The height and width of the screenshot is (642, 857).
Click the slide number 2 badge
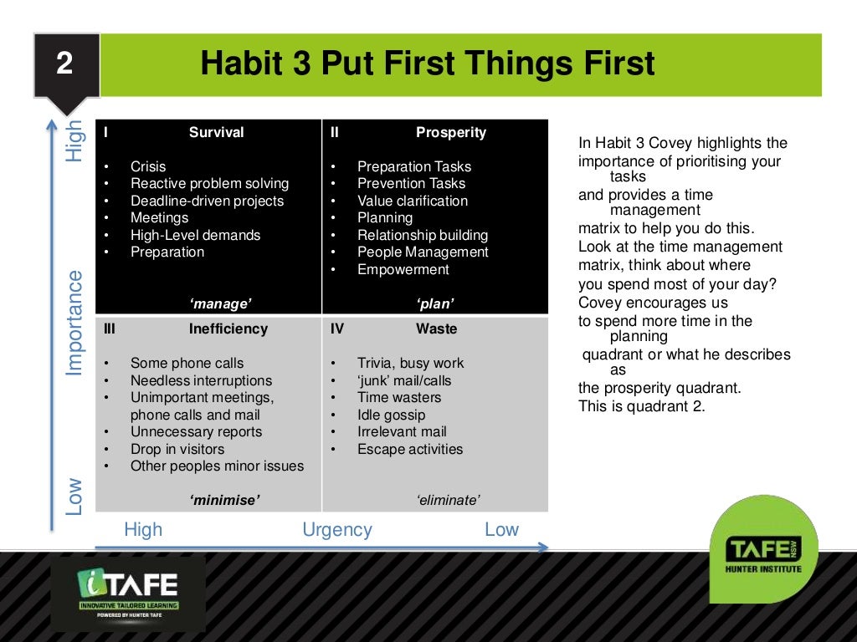[65, 65]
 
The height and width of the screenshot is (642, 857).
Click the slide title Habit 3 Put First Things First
[427, 64]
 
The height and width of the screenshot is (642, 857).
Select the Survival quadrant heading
[216, 132]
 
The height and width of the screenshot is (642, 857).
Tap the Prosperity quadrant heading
[450, 132]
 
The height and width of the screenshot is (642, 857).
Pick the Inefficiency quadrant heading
[228, 329]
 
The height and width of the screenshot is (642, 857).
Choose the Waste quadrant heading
[436, 329]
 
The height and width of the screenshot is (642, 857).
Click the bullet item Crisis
[148, 166]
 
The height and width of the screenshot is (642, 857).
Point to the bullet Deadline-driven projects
[207, 201]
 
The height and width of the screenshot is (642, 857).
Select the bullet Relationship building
[422, 235]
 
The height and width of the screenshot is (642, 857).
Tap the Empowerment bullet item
[403, 269]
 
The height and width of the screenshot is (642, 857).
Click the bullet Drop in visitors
[177, 449]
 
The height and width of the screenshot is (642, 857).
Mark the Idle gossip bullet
[391, 415]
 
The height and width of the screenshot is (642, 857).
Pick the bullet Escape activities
[409, 449]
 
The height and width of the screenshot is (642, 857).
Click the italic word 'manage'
[221, 303]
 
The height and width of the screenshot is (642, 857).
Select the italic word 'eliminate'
[448, 500]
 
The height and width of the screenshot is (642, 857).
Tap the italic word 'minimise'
[225, 500]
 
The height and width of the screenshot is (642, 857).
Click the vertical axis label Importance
[75, 322]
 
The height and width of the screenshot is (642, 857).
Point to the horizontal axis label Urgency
[336, 529]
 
